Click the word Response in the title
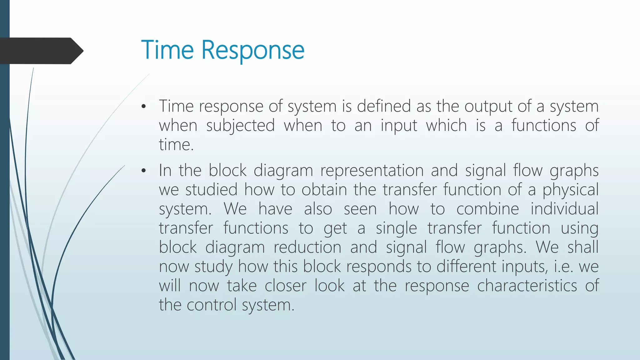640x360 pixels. (252, 50)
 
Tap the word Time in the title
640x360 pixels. (167, 50)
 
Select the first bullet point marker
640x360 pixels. (143, 107)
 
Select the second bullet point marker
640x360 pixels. (143, 171)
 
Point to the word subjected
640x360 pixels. (240, 126)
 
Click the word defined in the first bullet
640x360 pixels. (384, 106)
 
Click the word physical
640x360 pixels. (570, 190)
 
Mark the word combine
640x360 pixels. (487, 209)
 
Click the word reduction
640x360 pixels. (307, 247)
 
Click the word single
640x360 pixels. (396, 228)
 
